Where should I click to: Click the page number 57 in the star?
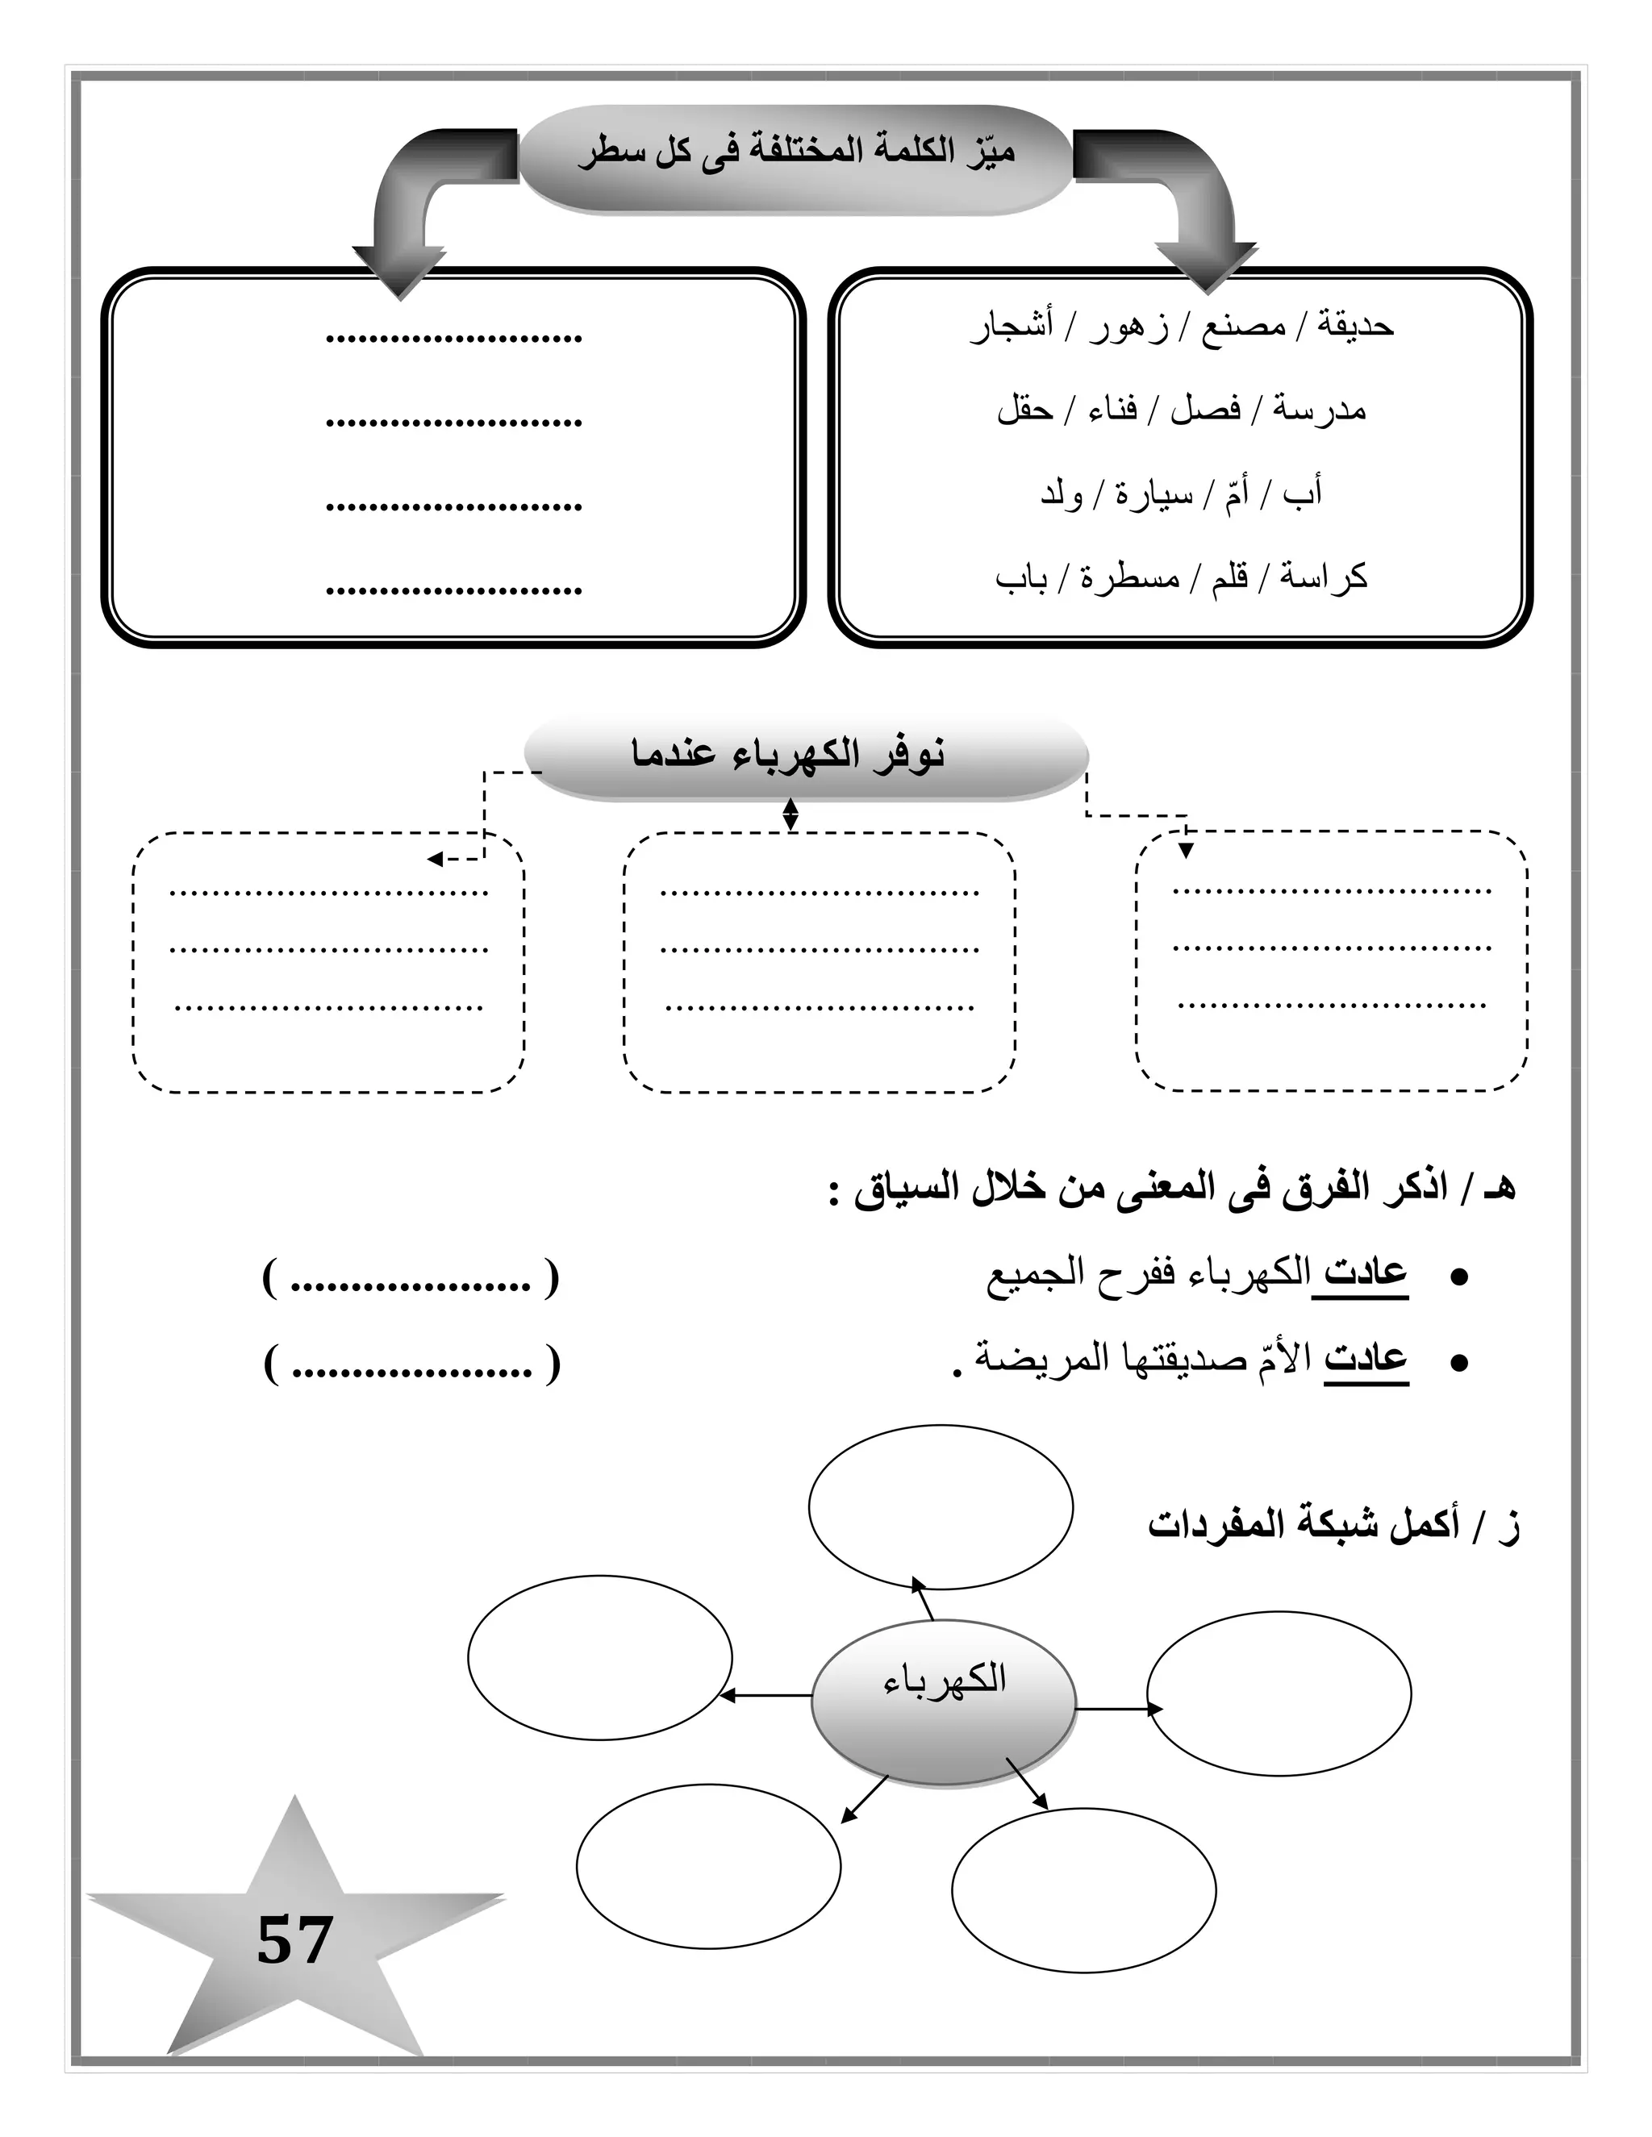click(x=294, y=1941)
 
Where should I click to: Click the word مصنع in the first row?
click(x=1243, y=326)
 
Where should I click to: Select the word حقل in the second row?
click(x=1024, y=410)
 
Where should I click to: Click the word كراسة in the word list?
click(x=1322, y=577)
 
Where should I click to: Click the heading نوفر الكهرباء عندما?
click(x=788, y=756)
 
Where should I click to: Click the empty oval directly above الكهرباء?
click(x=941, y=1507)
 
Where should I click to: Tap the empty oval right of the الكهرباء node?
click(x=1279, y=1693)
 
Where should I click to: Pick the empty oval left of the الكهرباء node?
click(x=600, y=1657)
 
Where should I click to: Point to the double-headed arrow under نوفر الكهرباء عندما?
click(x=791, y=814)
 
